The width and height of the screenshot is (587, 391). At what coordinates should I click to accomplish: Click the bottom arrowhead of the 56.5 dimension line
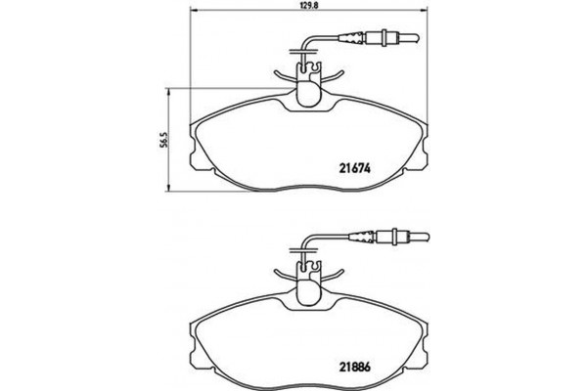click(x=172, y=188)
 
